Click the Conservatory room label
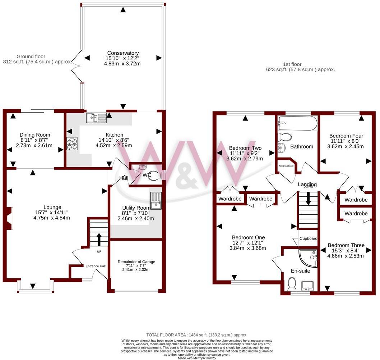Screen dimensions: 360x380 coord(122,53)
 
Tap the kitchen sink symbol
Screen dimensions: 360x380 coord(96,117)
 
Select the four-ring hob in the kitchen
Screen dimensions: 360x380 coord(72,143)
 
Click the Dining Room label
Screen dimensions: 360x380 coord(35,135)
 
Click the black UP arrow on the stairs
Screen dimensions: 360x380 coord(99,239)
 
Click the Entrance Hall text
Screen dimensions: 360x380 coord(95,266)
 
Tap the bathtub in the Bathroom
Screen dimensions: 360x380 coord(297,124)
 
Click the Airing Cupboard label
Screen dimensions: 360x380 coord(286,166)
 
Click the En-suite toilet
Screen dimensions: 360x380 coord(292,284)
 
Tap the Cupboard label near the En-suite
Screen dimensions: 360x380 coord(308,238)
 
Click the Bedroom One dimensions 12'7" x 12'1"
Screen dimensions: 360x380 coord(248,243)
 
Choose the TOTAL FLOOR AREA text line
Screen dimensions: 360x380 coord(196,335)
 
